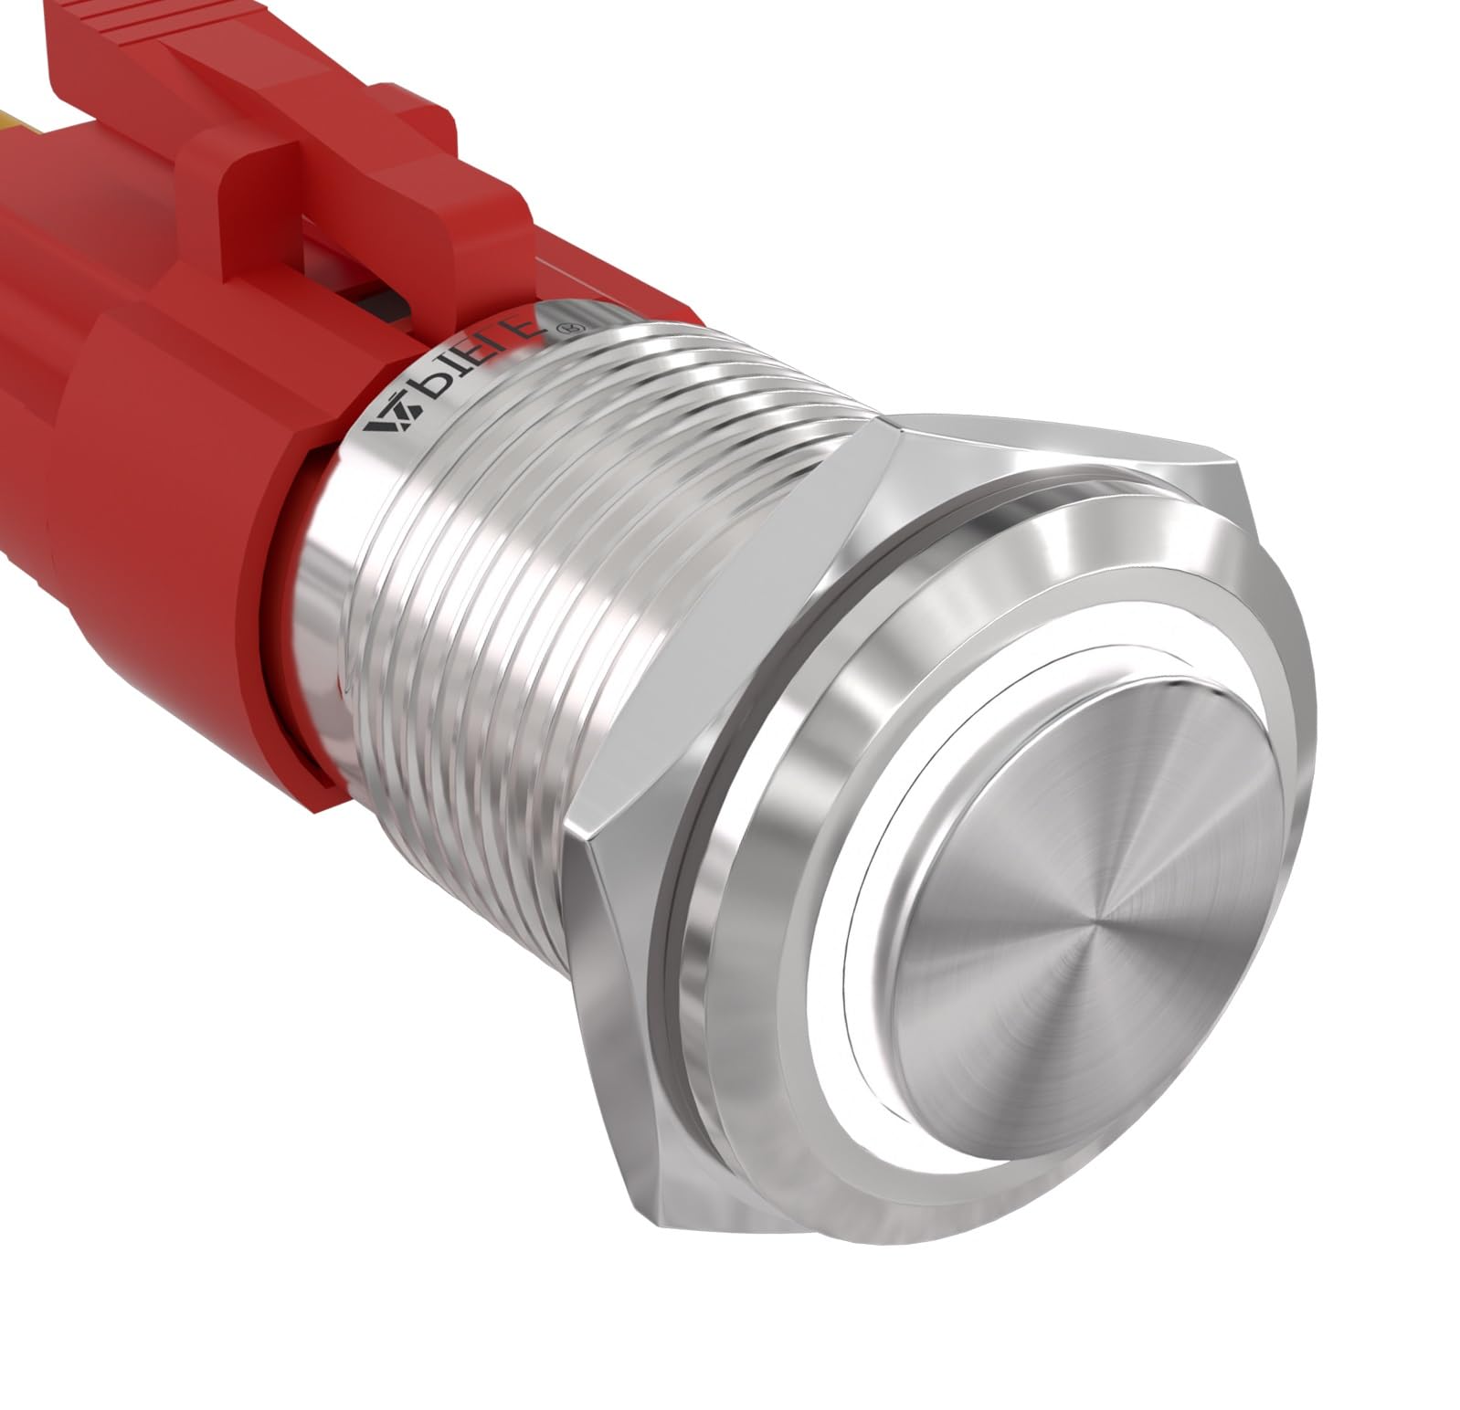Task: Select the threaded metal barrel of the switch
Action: (x=585, y=566)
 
